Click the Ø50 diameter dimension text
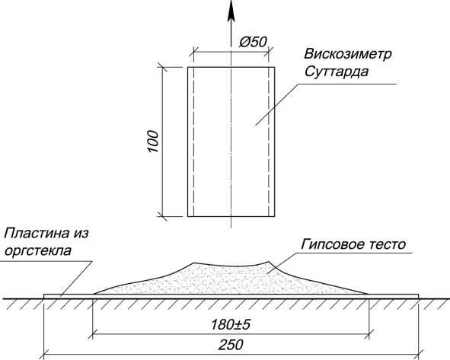point(253,42)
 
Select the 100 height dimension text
point(154,142)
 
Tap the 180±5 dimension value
point(231,325)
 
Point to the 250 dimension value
point(231,345)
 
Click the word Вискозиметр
point(348,55)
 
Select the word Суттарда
point(337,72)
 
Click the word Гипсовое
point(333,244)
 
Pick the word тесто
point(387,244)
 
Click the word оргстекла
point(38,251)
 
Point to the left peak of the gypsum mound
point(193,263)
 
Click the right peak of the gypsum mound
point(269,261)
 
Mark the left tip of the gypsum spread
point(94,294)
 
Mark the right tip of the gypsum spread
point(369,294)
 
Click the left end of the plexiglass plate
point(44,296)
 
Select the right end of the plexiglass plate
point(419,296)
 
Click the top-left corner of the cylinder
point(188,67)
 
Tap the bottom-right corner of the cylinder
point(275,216)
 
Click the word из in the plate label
point(79,234)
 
